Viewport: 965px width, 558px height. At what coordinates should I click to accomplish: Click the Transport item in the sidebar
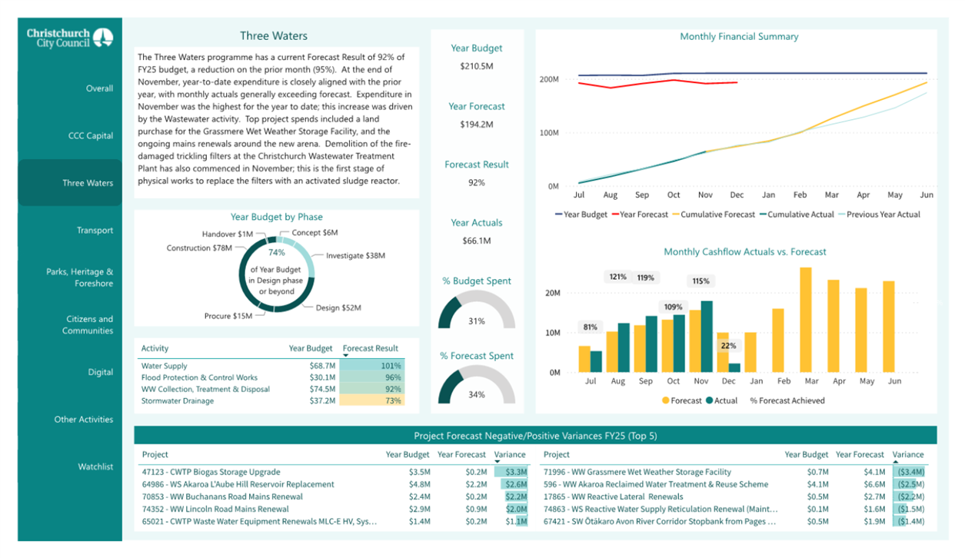(x=95, y=231)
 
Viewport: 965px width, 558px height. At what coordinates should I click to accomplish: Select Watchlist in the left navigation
(x=95, y=467)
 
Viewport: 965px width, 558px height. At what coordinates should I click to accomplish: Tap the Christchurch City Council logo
(x=70, y=38)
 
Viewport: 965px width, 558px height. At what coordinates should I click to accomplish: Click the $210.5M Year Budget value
(x=477, y=66)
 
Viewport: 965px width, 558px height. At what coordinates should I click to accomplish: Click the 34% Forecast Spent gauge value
(x=477, y=394)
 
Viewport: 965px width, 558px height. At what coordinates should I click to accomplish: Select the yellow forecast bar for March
(x=806, y=320)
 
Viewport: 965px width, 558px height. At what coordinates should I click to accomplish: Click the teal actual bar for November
(x=707, y=337)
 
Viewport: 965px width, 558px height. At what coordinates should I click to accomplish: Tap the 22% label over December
(x=728, y=346)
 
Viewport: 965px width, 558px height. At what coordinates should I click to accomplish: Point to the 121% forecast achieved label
(x=617, y=277)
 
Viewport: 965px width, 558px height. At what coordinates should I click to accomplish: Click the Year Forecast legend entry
(x=640, y=214)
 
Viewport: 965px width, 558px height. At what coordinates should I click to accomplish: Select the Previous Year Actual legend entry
(x=880, y=214)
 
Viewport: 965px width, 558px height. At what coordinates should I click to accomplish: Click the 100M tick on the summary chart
(x=549, y=133)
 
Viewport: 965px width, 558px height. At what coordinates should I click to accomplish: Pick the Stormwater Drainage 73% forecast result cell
(x=372, y=401)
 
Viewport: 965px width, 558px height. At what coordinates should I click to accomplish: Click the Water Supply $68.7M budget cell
(x=322, y=366)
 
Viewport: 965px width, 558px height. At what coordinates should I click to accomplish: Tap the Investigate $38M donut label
(x=355, y=256)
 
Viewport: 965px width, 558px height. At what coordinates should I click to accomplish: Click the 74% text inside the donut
(x=277, y=252)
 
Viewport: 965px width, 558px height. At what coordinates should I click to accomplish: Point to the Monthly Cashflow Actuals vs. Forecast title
(x=745, y=252)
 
